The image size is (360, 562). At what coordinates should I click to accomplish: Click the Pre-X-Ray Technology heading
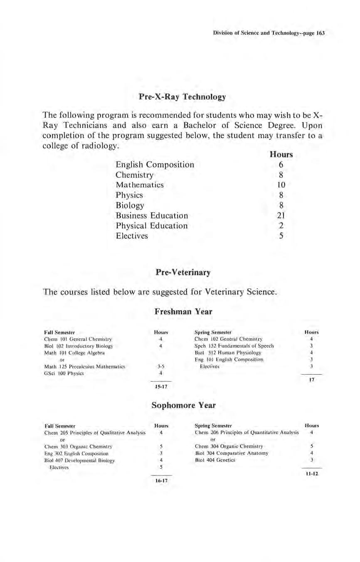[x=182, y=97]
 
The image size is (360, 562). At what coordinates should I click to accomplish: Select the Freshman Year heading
[x=183, y=311]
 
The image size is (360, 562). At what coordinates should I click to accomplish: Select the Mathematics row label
[x=140, y=185]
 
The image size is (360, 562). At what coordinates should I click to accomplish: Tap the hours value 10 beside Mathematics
[x=281, y=185]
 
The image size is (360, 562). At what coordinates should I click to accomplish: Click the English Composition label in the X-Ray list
[x=155, y=165]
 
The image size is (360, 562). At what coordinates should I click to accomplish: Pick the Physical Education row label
[x=151, y=226]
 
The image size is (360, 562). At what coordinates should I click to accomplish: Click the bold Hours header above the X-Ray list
[x=281, y=155]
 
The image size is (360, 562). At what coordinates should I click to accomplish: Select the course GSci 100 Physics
[x=64, y=373]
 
